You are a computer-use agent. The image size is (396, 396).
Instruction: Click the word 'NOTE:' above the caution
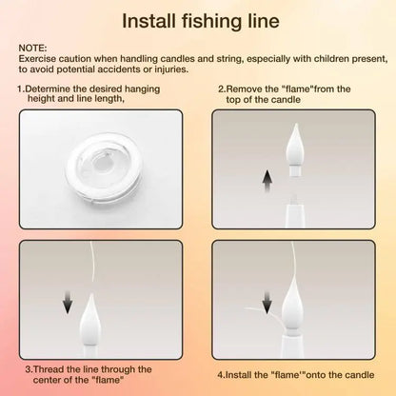(x=32, y=45)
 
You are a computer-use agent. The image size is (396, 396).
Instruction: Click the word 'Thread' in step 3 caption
(x=51, y=368)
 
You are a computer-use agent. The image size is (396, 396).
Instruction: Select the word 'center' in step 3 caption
(x=42, y=380)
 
